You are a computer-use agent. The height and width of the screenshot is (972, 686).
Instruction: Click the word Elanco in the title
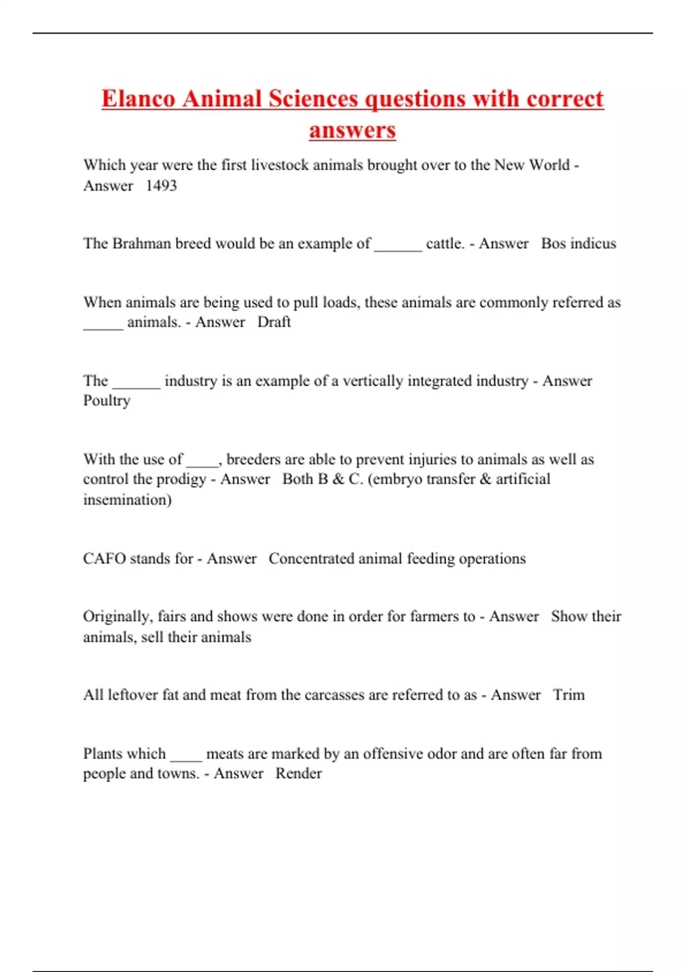click(x=138, y=99)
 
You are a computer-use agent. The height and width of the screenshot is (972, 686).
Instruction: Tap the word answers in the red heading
click(x=352, y=130)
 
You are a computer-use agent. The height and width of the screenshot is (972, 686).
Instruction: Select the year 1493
click(x=161, y=186)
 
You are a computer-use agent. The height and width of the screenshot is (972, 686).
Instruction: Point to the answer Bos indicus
click(x=579, y=244)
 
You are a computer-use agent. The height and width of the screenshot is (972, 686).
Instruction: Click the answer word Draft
click(x=274, y=322)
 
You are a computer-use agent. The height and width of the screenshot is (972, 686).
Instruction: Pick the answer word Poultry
click(x=107, y=401)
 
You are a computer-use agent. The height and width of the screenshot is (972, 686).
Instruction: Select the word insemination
click(x=126, y=500)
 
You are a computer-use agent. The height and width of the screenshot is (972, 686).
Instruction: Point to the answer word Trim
click(x=568, y=695)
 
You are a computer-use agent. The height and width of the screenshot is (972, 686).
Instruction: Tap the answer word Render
click(x=298, y=774)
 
